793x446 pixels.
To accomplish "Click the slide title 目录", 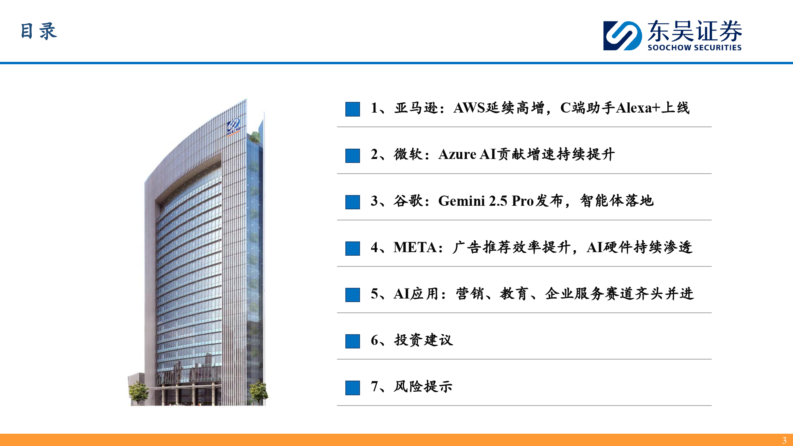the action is click(x=38, y=31).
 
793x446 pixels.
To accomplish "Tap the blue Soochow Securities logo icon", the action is click(x=623, y=36).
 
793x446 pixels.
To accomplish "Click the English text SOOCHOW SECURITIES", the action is click(x=694, y=48).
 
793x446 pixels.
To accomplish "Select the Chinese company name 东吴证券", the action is click(x=695, y=31).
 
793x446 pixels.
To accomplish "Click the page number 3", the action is click(x=784, y=440).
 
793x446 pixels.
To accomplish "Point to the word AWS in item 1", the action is click(x=469, y=108).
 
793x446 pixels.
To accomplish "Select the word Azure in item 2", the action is click(x=457, y=154).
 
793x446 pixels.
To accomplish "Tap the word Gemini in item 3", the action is click(x=462, y=201).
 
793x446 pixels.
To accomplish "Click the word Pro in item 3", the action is click(x=523, y=201).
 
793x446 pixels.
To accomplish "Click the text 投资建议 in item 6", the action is click(x=423, y=340).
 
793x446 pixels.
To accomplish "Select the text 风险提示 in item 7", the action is click(x=423, y=387).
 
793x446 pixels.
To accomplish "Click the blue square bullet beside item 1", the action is click(x=352, y=109).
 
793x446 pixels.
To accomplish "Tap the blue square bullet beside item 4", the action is click(x=352, y=249).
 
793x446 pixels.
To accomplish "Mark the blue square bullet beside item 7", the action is click(x=352, y=388).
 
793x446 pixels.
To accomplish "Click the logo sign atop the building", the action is click(x=234, y=127).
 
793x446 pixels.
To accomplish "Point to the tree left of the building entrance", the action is click(x=138, y=392).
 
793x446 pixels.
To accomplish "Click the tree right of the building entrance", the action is click(x=259, y=392).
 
